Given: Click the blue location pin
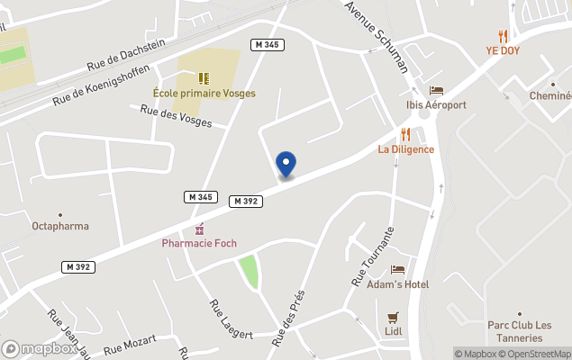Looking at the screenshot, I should click(x=286, y=164).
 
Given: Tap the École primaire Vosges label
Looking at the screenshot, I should click(x=204, y=94).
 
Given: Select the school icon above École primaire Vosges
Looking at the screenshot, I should click(x=204, y=78).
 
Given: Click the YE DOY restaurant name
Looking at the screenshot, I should click(x=503, y=51).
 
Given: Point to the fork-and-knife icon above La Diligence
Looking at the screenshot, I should click(x=405, y=134).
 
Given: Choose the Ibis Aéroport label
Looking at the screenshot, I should click(x=436, y=105).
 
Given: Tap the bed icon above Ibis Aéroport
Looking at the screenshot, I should click(x=436, y=90).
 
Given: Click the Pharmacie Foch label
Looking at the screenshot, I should click(x=199, y=244).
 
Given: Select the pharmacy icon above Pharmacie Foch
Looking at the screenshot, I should click(x=199, y=229).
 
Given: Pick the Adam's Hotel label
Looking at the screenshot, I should click(x=397, y=284).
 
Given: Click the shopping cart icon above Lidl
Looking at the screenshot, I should click(x=393, y=318).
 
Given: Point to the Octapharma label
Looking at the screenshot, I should click(x=60, y=227).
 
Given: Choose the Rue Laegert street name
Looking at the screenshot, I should click(x=231, y=320).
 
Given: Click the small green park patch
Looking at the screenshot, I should click(x=248, y=270).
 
